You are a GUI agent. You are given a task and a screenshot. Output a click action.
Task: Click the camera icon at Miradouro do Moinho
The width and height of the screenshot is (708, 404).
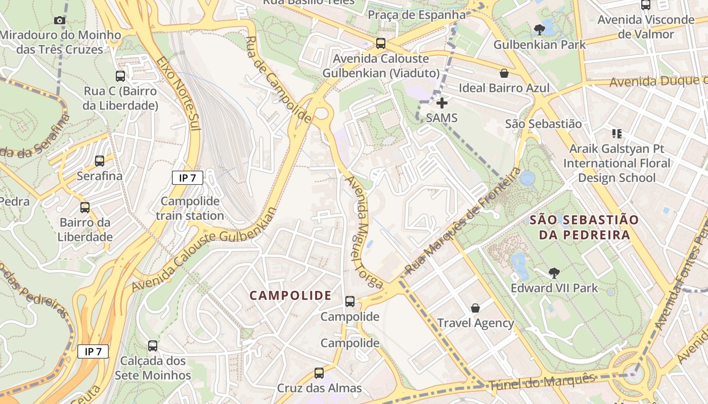click(x=60, y=20)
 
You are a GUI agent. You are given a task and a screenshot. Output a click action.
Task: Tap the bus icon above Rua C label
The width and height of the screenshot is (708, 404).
click(x=120, y=76)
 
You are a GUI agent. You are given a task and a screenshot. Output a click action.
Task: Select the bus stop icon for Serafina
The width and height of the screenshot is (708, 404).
click(x=100, y=161)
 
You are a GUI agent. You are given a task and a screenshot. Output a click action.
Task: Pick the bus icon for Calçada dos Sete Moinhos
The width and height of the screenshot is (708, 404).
click(x=153, y=346)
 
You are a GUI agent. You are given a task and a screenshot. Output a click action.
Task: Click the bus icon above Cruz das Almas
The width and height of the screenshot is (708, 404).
click(x=319, y=373)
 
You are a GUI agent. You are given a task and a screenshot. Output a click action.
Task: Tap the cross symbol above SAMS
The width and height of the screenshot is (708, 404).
click(x=442, y=103)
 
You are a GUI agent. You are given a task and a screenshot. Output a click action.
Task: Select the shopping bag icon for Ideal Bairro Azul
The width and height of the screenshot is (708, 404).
click(x=504, y=73)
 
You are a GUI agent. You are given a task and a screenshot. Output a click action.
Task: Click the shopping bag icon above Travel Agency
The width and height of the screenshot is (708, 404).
click(x=475, y=308)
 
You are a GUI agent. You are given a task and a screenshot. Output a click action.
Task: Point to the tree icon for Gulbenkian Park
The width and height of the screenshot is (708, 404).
click(x=540, y=29)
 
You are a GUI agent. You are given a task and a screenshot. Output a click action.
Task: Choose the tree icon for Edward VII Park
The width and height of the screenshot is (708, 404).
click(x=554, y=273)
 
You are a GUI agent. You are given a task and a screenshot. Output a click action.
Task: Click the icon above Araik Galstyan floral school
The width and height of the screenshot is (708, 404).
click(x=617, y=134)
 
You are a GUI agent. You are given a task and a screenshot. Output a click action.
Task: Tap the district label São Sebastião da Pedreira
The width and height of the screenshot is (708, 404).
click(x=584, y=227)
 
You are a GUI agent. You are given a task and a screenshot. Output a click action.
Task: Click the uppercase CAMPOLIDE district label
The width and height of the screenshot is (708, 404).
click(x=291, y=295)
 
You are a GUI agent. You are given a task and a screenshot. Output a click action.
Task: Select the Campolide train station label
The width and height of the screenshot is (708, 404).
click(x=190, y=209)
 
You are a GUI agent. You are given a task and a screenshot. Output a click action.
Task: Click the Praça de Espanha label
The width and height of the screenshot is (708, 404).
click(x=416, y=15)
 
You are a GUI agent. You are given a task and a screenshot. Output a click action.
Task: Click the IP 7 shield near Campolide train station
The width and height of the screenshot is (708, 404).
click(x=188, y=178)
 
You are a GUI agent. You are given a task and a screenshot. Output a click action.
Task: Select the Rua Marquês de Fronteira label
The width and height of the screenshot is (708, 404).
click(x=463, y=222)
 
